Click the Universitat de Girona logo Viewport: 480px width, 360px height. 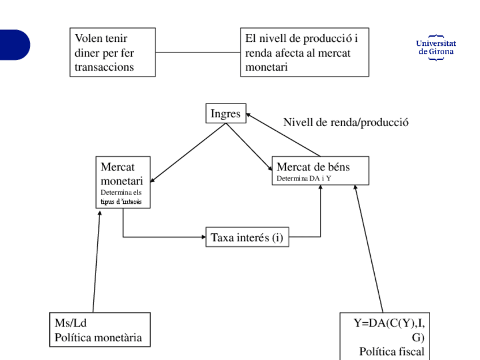click(x=436, y=48)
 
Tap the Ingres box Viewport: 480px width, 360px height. click(x=226, y=113)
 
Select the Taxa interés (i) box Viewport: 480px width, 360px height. click(x=247, y=237)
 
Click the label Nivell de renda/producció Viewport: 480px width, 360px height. click(x=346, y=122)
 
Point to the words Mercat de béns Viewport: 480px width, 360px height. click(x=313, y=167)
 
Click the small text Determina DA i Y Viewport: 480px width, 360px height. click(x=303, y=178)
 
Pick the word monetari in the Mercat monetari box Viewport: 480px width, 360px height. click(x=122, y=181)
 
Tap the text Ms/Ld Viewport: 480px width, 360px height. click(x=71, y=323)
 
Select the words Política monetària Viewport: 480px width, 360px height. click(x=98, y=338)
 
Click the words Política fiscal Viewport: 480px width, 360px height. click(x=392, y=352)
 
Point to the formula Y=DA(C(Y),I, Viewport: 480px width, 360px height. click(x=389, y=323)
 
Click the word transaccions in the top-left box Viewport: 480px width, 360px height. click(x=104, y=67)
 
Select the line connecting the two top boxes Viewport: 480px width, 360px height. click(x=198, y=52)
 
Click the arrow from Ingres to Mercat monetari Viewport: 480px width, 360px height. click(x=188, y=153)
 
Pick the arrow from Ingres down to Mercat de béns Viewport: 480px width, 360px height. click(x=249, y=147)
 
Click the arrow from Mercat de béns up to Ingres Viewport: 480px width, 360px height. click(x=283, y=135)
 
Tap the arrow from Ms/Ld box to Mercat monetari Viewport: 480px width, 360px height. click(x=96, y=262)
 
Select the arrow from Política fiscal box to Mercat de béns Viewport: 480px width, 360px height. click(x=368, y=248)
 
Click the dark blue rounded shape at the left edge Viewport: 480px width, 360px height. click(x=15, y=45)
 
